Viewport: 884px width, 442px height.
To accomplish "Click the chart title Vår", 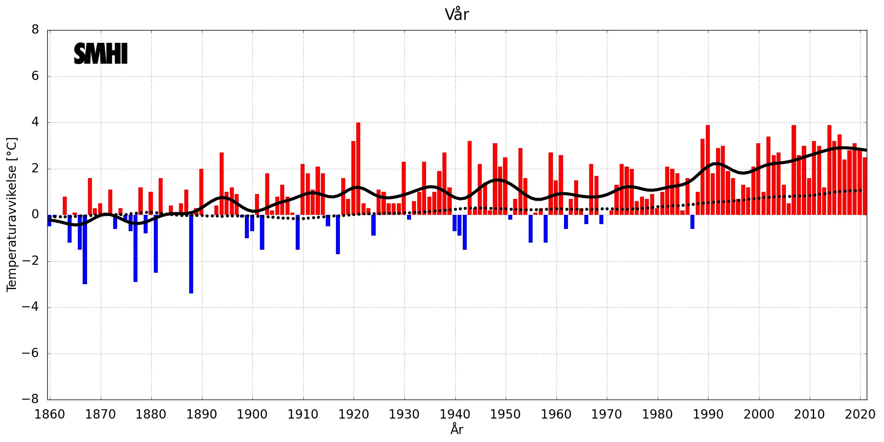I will pyautogui.click(x=457, y=15).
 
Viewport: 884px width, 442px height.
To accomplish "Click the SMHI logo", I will pyautogui.click(x=101, y=54).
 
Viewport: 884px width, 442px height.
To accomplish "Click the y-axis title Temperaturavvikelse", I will pyautogui.click(x=12, y=214).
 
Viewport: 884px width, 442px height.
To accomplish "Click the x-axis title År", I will pyautogui.click(x=457, y=429).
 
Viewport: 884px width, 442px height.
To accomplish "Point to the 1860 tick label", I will pyautogui.click(x=50, y=414).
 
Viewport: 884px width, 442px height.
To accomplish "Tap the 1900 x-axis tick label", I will pyautogui.click(x=252, y=414).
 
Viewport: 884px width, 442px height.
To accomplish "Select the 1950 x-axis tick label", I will pyautogui.click(x=505, y=414).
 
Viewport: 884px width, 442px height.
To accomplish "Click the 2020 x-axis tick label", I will pyautogui.click(x=860, y=414).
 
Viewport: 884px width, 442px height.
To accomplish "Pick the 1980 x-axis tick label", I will pyautogui.click(x=657, y=414).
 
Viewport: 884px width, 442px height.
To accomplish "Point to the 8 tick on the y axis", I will pyautogui.click(x=35, y=30).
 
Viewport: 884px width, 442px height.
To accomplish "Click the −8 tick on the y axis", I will pyautogui.click(x=30, y=399).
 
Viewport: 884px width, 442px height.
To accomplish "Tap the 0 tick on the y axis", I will pyautogui.click(x=35, y=215).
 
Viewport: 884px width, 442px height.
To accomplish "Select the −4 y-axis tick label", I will pyautogui.click(x=30, y=307).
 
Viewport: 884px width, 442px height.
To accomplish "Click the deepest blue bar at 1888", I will pyautogui.click(x=191, y=254).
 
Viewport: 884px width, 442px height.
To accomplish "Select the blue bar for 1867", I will pyautogui.click(x=85, y=250).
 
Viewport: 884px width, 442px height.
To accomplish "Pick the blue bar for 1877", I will pyautogui.click(x=135, y=248).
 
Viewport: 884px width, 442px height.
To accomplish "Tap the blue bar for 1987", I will pyautogui.click(x=692, y=222).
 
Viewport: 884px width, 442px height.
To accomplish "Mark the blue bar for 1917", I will pyautogui.click(x=338, y=234).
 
